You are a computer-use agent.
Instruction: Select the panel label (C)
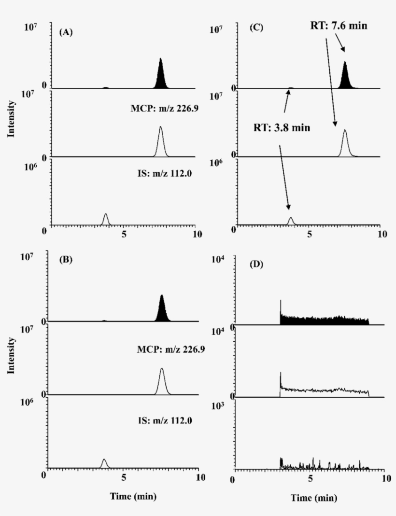tap(256, 28)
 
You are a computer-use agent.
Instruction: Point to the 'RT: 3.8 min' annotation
tap(282, 128)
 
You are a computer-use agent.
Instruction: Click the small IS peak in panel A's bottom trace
tap(106, 220)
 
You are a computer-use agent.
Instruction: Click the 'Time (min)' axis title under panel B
tap(133, 496)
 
